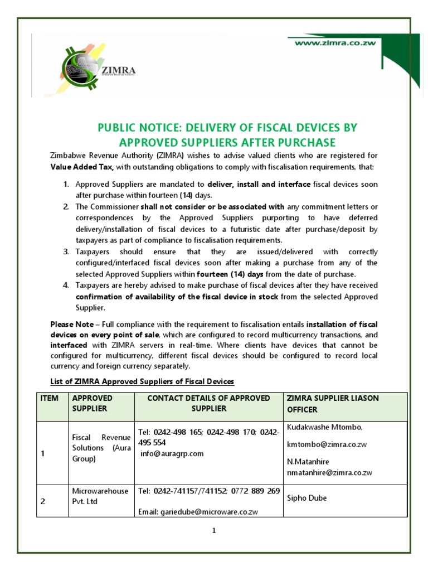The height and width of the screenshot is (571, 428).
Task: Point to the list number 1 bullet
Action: coord(65,185)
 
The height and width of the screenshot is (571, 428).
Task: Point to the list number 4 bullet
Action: coord(65,285)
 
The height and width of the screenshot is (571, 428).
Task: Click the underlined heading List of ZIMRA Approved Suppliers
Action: coord(139,381)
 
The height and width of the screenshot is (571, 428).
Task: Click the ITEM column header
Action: coord(50,398)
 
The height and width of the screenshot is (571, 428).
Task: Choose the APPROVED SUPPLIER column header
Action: coord(93,403)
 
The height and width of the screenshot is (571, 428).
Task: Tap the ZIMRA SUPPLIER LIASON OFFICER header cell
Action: coord(332,403)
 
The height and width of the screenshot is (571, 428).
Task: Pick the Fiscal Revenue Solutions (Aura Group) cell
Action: coord(100,448)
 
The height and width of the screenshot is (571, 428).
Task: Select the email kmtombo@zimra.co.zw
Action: coord(327,444)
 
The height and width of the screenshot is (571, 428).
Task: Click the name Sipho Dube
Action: coord(306,498)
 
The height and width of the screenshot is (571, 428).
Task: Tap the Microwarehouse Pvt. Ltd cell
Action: coord(100,496)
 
